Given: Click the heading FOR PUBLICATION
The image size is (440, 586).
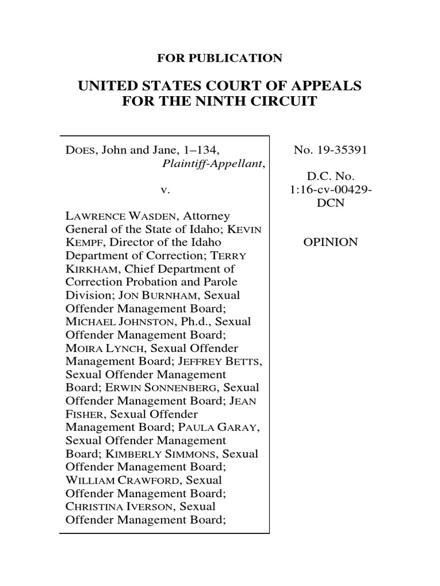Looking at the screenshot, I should pos(219,58).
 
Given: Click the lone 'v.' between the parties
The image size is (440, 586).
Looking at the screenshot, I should pos(164,190).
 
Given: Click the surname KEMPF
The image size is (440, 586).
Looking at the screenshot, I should pos(82,243).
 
